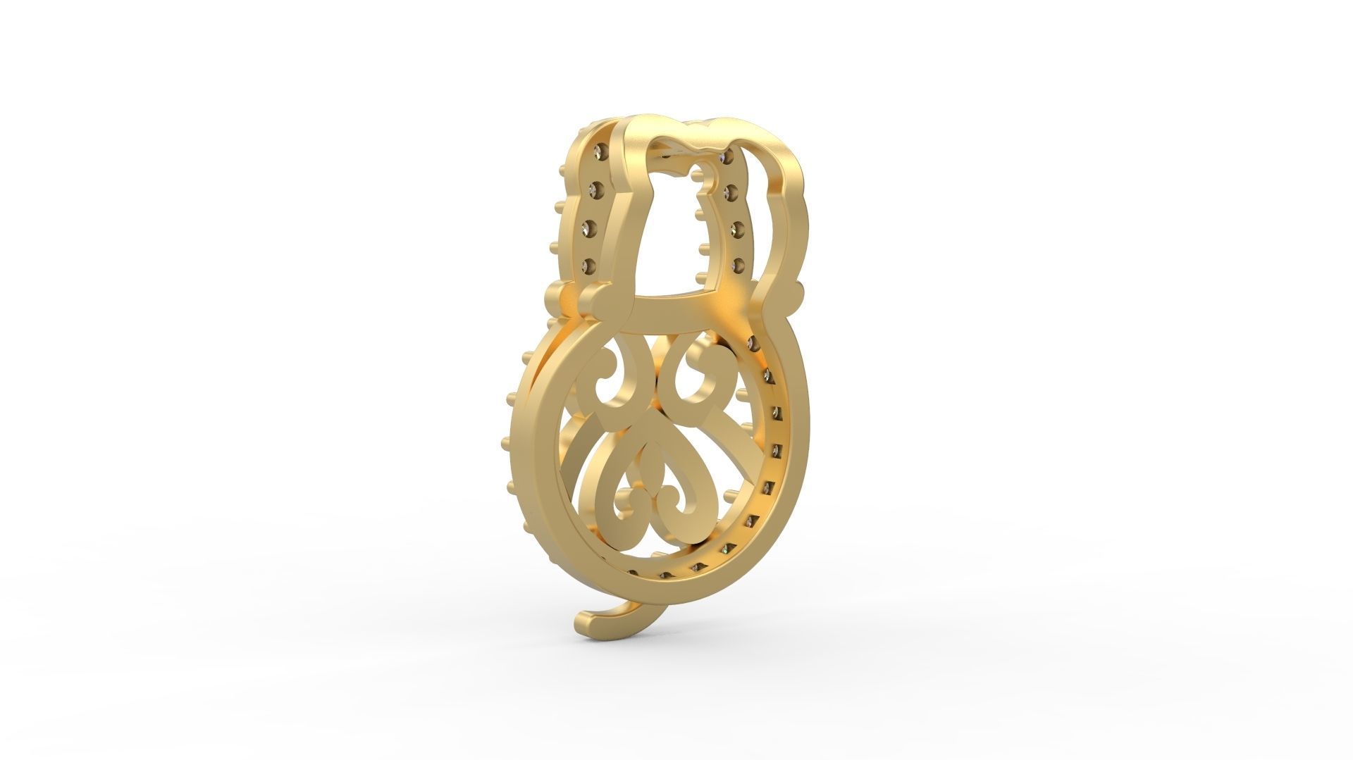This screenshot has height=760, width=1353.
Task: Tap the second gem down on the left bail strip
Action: [594, 189]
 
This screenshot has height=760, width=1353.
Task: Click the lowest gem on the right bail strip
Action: [739, 265]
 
